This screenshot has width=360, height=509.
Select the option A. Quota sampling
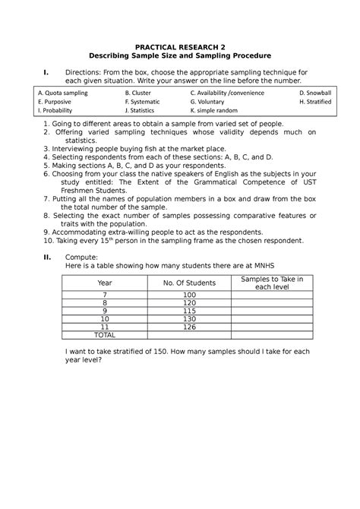(x=63, y=93)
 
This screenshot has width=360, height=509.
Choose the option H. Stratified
(x=316, y=102)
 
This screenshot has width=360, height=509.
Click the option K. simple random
(x=218, y=111)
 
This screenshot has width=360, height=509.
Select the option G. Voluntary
(x=213, y=102)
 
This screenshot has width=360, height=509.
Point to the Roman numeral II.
(x=48, y=256)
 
